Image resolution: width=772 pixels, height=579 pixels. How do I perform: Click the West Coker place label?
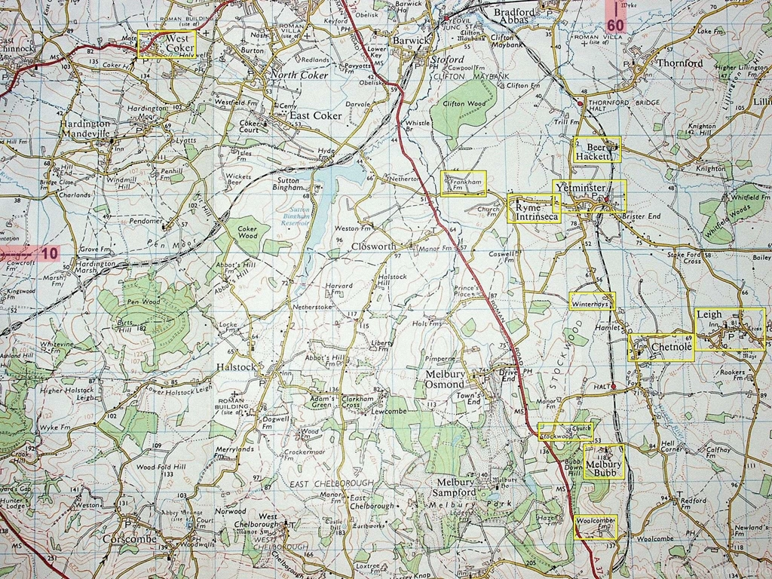(173, 43)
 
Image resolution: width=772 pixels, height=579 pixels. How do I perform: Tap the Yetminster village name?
(579, 187)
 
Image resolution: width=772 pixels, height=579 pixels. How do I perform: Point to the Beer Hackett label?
(595, 151)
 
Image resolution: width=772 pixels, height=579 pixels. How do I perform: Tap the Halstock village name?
(237, 366)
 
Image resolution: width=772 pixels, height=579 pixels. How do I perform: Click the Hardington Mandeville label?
(85, 128)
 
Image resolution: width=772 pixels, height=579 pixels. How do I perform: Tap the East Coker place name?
(316, 115)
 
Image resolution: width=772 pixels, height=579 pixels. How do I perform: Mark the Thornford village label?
(679, 63)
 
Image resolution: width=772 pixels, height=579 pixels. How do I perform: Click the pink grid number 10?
(50, 253)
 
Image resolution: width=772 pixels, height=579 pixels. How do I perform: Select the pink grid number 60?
(615, 24)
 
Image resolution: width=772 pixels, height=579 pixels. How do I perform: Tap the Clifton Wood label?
(464, 104)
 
